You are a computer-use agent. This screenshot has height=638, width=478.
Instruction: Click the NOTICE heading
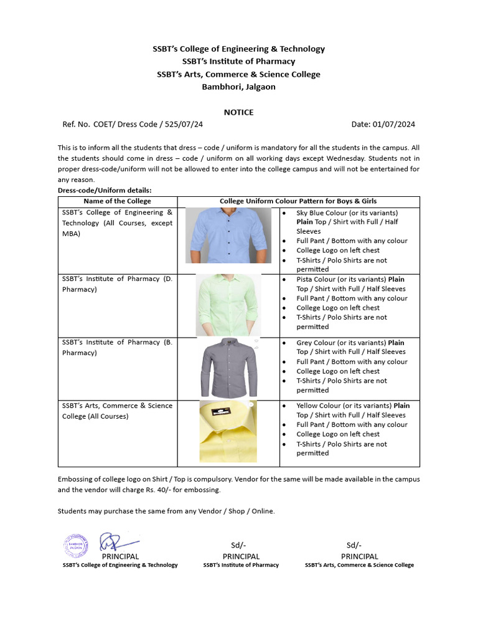pyautogui.click(x=238, y=112)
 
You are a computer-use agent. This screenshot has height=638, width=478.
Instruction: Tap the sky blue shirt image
pyautogui.click(x=228, y=235)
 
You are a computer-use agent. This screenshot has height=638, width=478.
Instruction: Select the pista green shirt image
pyautogui.click(x=228, y=305)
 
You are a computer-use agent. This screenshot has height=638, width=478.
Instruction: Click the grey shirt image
pyautogui.click(x=228, y=368)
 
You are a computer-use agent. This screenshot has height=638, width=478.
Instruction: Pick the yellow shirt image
pyautogui.click(x=228, y=431)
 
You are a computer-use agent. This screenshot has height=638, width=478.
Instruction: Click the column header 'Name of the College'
pyautogui.click(x=118, y=201)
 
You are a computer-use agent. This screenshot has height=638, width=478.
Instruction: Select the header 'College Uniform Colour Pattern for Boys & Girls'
pyautogui.click(x=298, y=201)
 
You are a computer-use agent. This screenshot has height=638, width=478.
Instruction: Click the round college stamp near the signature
pyautogui.click(x=75, y=545)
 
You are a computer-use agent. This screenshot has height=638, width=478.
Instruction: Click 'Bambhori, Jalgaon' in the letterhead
pyautogui.click(x=238, y=87)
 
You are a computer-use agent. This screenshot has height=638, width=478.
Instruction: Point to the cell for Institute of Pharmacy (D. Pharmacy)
pyautogui.click(x=117, y=284)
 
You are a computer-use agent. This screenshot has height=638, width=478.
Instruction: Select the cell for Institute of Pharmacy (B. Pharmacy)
pyautogui.click(x=117, y=348)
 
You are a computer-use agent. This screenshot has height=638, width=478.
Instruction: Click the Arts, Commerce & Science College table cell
pyautogui.click(x=117, y=411)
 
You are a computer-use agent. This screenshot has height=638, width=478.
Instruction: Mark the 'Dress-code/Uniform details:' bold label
pyautogui.click(x=105, y=190)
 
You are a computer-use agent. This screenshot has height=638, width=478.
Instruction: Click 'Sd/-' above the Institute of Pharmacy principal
pyautogui.click(x=241, y=545)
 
